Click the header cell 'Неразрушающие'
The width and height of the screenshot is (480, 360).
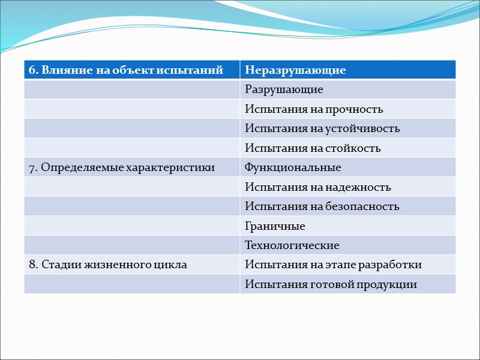pos(295,70)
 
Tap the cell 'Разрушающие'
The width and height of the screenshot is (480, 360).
pos(284,89)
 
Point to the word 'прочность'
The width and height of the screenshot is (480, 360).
pos(355,109)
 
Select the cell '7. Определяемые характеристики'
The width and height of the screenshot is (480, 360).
pos(122,167)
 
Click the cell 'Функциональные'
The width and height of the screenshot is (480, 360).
pos(293,167)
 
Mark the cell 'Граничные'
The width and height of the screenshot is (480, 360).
pos(275,226)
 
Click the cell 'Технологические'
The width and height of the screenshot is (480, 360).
pos(292,245)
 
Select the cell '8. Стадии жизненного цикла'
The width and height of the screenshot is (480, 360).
pos(108,265)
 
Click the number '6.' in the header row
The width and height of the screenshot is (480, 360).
pos(32,70)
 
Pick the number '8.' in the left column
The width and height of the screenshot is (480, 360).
pos(32,265)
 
